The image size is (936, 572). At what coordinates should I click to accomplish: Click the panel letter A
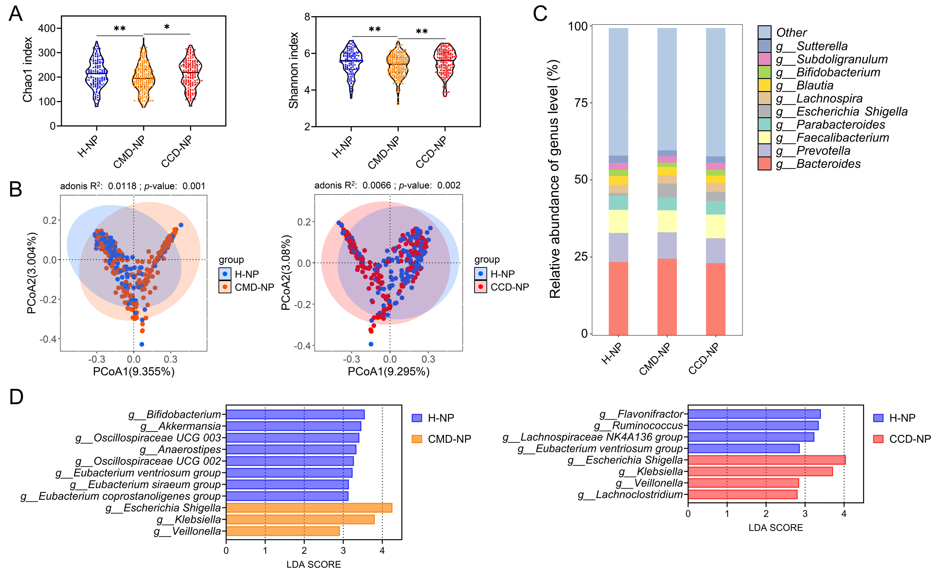point(16,14)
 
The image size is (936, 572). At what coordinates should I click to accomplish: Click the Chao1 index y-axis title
point(27,70)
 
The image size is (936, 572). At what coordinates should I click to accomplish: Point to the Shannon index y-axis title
point(293,71)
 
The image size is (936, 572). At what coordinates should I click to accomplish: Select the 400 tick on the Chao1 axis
point(47,28)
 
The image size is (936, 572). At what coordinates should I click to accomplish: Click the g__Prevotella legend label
point(823,151)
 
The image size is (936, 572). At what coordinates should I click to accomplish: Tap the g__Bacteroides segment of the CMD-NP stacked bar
point(667,297)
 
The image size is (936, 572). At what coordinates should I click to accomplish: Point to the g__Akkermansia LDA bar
point(293,426)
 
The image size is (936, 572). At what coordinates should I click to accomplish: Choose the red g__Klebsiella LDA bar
point(760,472)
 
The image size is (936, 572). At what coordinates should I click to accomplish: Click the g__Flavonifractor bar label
point(641,414)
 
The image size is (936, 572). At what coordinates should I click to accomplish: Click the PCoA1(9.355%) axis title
point(134,372)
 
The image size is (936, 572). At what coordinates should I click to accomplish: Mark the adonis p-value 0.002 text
point(449,185)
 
